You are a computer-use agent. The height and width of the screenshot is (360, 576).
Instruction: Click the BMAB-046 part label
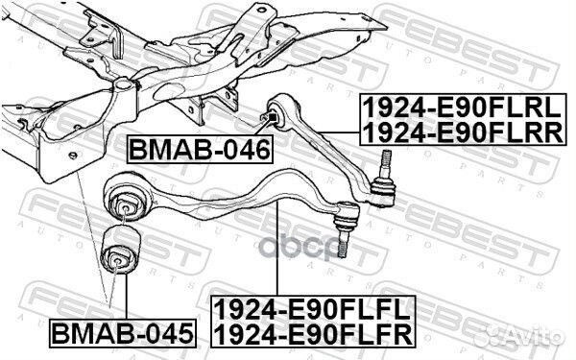pos(200,149)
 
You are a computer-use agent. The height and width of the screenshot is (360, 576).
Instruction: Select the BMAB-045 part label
pos(123,333)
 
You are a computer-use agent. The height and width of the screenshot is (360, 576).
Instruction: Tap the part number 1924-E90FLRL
pos(462,108)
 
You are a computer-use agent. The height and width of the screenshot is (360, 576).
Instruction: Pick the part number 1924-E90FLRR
pos(463,132)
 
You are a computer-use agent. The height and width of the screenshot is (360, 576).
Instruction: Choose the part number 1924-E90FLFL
pos(313,309)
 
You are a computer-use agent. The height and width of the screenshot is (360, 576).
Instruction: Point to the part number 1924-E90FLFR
pos(313,334)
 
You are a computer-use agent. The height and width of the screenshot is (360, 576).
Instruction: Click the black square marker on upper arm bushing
pos(273,117)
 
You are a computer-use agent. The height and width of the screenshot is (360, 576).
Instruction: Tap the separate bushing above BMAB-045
pos(120,250)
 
